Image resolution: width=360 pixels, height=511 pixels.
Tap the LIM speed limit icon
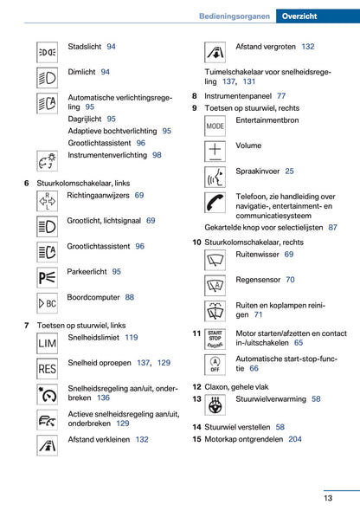click(47, 345)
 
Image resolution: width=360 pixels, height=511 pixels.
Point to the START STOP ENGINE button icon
click(215, 338)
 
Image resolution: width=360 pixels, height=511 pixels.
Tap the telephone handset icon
click(215, 203)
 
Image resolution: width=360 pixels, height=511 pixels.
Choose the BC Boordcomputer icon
click(47, 303)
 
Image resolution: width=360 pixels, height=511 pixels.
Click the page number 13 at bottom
click(329, 497)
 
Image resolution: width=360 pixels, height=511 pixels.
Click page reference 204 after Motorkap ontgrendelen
click(295, 439)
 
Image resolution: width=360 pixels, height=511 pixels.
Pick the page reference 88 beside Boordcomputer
click(129, 297)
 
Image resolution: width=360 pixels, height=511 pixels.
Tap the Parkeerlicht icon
click(47, 278)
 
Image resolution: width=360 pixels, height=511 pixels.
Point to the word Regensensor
click(258, 280)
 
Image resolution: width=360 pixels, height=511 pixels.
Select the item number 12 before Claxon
click(196, 387)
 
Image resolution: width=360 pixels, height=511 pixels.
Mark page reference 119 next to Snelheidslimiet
click(131, 338)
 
